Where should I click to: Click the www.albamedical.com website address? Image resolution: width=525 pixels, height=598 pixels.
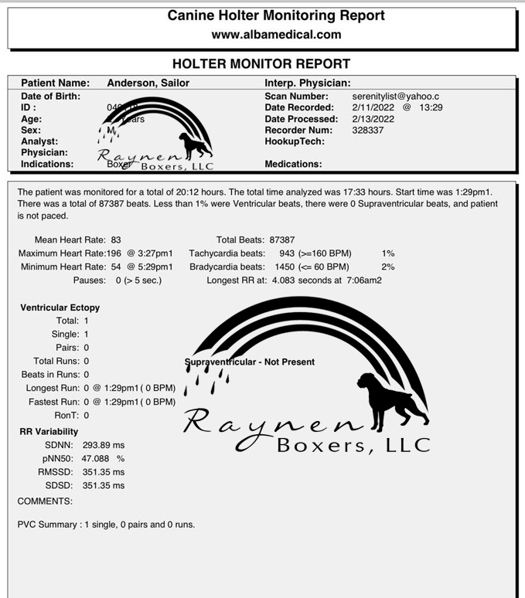pos(276,35)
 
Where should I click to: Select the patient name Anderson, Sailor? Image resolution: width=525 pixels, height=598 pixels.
pos(148,83)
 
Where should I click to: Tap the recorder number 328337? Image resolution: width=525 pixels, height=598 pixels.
pos(367,131)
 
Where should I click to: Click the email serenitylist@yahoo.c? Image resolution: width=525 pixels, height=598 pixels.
pos(395,97)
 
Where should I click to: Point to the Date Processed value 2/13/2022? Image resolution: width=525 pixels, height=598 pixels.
pos(373,119)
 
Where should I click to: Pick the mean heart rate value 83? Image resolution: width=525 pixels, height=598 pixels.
pos(116,240)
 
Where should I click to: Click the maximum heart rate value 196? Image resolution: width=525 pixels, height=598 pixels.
pos(114,253)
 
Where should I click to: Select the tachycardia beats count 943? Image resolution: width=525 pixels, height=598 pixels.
pos(287,253)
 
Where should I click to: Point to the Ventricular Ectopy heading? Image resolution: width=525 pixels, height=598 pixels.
pos(60,307)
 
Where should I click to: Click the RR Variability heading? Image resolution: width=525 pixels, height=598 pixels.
pos(49,432)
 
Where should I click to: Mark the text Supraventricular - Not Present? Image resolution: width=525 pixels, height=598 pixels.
pos(250,362)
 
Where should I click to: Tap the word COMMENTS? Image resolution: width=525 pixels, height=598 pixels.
pos(45,501)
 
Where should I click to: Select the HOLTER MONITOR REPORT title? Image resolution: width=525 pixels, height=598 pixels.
pos(261,64)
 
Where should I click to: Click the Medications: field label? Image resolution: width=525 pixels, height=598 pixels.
pos(293,164)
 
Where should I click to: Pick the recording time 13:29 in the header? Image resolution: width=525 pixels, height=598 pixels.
pos(431,107)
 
